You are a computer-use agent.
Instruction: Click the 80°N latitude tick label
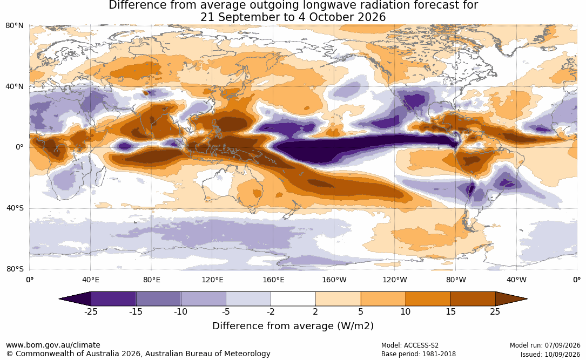click(15, 26)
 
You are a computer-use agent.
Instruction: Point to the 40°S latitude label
click(15, 208)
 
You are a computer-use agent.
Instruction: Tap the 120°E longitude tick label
click(212, 280)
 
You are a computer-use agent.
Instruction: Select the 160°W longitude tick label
click(334, 280)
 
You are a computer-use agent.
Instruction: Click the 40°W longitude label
click(517, 280)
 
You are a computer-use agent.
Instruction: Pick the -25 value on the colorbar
click(91, 311)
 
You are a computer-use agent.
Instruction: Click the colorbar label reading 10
click(406, 311)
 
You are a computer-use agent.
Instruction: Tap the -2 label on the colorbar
click(271, 311)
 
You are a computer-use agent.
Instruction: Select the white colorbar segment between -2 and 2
click(293, 299)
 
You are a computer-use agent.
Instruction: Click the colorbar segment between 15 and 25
click(473, 299)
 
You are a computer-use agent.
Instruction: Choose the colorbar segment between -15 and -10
click(158, 299)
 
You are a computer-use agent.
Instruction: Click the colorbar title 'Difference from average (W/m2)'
click(293, 326)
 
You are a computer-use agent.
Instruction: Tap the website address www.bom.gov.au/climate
click(53, 345)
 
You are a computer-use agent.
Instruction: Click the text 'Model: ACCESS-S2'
click(410, 345)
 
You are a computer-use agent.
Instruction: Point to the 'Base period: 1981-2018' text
click(419, 354)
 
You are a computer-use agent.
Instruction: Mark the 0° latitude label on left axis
click(19, 147)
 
